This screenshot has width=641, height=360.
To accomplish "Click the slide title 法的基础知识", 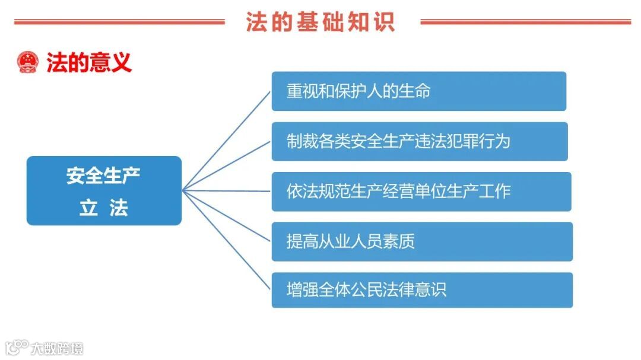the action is click(320, 22).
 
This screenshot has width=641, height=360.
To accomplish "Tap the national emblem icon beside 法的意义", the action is click(28, 62).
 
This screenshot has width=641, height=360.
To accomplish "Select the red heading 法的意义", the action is click(89, 62).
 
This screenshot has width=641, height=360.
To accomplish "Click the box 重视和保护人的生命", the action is click(418, 91).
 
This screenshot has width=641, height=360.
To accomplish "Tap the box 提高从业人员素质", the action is click(422, 241).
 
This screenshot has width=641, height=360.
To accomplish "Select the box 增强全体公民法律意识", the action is click(422, 290).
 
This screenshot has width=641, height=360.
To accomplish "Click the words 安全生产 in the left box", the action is click(103, 176).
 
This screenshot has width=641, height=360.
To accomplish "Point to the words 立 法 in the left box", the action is click(103, 208).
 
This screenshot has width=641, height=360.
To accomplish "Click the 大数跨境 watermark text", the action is click(58, 348).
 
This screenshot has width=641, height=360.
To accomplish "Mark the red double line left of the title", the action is click(119, 23).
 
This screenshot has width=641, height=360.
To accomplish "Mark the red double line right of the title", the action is click(525, 23).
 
